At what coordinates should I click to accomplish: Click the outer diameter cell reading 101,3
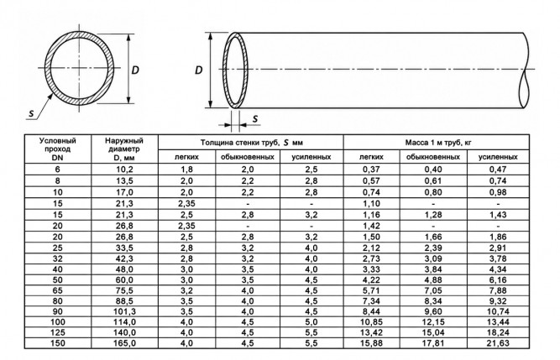click(x=124, y=311)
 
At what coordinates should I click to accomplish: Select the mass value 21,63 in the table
click(x=498, y=343)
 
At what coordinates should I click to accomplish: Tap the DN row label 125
click(x=57, y=332)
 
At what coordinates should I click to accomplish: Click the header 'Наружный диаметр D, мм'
click(x=124, y=149)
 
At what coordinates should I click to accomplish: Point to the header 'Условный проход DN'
click(x=57, y=149)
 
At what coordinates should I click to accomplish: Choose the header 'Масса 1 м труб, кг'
click(x=438, y=143)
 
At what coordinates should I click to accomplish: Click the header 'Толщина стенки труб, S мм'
click(x=251, y=143)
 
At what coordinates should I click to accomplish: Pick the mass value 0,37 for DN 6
click(x=371, y=170)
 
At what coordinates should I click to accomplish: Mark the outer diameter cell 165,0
click(x=124, y=343)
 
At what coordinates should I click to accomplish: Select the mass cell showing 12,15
click(x=433, y=322)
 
